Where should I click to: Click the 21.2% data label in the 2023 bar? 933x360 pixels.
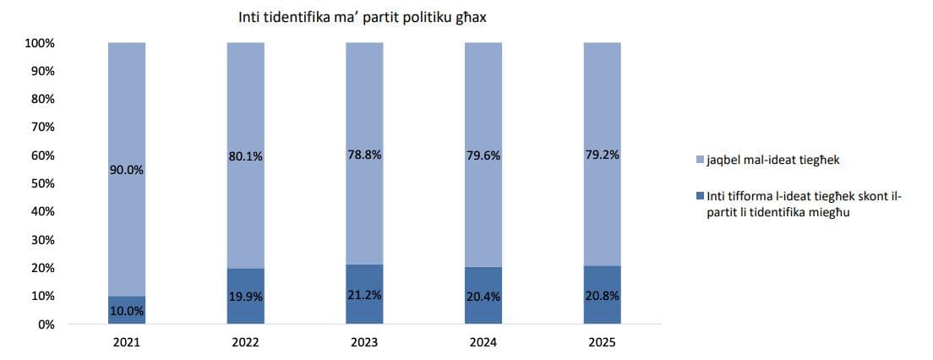(x=364, y=295)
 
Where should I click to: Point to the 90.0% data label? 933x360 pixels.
(x=127, y=170)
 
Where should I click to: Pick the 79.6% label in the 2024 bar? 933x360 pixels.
(x=483, y=155)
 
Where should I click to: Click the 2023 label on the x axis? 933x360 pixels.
(x=364, y=343)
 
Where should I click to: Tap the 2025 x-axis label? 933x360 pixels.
(x=602, y=343)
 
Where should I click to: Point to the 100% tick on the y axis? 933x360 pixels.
(x=39, y=43)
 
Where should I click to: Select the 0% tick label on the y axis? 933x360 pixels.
(x=46, y=325)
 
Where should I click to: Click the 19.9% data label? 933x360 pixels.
(x=245, y=297)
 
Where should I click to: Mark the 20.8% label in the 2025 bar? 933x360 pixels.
(x=602, y=296)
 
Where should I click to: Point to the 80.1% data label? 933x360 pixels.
(x=245, y=155)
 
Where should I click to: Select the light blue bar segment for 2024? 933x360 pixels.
(x=483, y=101)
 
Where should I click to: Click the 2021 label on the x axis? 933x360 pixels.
(x=127, y=343)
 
